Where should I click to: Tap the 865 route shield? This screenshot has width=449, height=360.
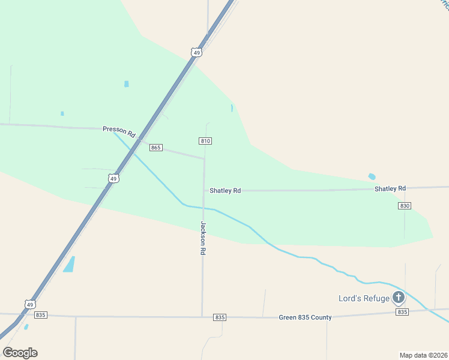click(x=156, y=148)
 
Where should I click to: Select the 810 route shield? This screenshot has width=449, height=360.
click(x=205, y=140)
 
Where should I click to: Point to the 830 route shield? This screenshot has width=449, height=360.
click(x=404, y=205)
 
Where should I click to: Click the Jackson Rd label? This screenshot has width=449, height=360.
click(x=203, y=239)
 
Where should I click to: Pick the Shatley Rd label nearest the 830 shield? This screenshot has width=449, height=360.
click(x=390, y=188)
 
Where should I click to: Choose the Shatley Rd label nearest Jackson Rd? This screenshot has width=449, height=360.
click(x=225, y=190)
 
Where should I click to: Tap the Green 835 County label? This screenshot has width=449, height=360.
click(x=305, y=317)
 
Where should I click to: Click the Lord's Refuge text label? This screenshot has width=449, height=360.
click(x=363, y=298)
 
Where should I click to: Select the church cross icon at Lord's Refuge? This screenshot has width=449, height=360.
click(x=399, y=296)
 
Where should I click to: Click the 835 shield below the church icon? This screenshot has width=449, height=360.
click(x=402, y=312)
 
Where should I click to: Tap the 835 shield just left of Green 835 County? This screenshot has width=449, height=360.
click(x=220, y=317)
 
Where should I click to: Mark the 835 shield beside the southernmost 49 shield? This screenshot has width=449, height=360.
click(x=41, y=314)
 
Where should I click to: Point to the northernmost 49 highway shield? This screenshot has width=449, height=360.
click(x=196, y=53)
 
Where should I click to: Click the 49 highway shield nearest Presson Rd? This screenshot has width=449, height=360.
click(x=113, y=178)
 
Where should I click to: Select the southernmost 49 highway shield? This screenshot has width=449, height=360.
click(x=29, y=304)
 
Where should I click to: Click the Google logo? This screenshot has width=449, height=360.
click(x=20, y=352)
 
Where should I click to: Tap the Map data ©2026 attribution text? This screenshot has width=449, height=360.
click(x=423, y=355)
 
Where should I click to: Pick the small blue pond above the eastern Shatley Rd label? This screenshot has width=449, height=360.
click(x=372, y=176)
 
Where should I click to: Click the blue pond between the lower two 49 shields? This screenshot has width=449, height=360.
click(x=69, y=264)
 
